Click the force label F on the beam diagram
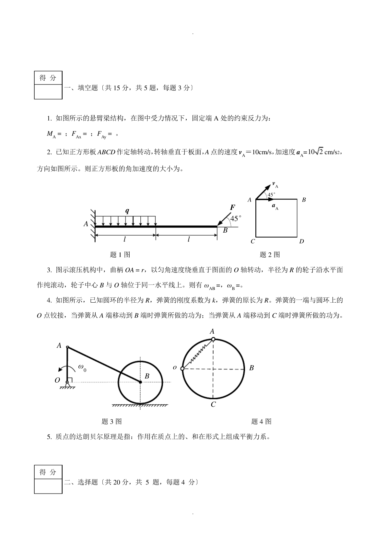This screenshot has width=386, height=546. tap(233, 208)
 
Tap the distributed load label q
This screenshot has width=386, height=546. tap(127, 211)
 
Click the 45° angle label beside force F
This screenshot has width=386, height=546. tap(236, 219)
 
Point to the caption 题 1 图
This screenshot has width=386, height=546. tap(120, 255)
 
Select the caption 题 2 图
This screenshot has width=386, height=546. tap(270, 255)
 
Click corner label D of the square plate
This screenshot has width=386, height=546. tap(301, 241)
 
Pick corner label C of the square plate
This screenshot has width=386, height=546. tap(253, 241)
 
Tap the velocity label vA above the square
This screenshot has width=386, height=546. tap(275, 185)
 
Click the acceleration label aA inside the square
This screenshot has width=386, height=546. tap(275, 206)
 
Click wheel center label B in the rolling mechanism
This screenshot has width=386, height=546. tap(147, 376)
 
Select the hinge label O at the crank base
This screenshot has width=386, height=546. tap(57, 380)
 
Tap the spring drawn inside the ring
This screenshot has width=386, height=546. tap(198, 354)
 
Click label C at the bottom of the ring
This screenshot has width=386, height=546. tap(213, 404)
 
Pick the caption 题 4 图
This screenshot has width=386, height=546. tap(261, 421)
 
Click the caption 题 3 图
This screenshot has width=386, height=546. tap(111, 421)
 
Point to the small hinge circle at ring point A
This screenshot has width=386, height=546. tap(213, 339)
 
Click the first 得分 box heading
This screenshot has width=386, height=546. tap(48, 78)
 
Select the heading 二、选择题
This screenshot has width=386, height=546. tap(81, 482)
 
